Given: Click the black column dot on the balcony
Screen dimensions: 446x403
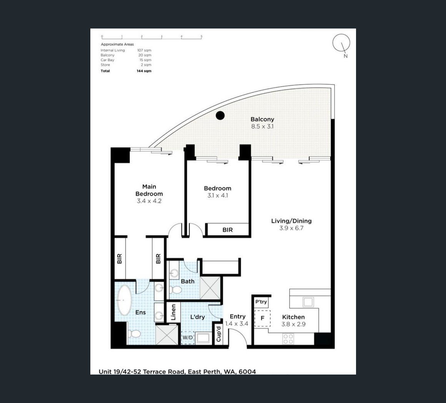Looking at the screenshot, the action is click(x=220, y=115).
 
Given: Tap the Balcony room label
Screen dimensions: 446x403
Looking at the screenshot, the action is click(x=262, y=119).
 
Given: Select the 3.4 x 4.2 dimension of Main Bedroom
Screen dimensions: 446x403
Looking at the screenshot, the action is click(x=149, y=201).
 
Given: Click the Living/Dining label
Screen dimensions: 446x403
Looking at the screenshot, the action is click(x=291, y=221).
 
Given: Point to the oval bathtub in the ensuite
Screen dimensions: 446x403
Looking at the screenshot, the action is click(x=124, y=300).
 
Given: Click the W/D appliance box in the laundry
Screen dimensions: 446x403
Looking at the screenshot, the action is click(x=188, y=338).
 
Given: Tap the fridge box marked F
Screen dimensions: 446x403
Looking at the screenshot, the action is click(x=262, y=318).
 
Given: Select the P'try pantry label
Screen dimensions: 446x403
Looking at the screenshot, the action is click(x=261, y=302).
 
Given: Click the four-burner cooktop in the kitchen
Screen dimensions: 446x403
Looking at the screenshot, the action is click(x=288, y=338).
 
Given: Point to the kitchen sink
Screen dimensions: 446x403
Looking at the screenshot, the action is click(x=308, y=301).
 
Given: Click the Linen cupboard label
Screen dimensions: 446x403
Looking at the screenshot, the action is click(x=173, y=312).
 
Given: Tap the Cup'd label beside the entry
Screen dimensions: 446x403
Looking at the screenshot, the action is click(x=218, y=334).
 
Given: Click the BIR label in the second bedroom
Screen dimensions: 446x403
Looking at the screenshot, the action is click(x=228, y=230).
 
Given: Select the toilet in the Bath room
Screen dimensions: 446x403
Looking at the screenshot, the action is click(x=175, y=290).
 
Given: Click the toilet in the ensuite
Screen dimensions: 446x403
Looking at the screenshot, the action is click(x=134, y=334).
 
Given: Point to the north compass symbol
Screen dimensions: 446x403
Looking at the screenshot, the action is click(x=341, y=43).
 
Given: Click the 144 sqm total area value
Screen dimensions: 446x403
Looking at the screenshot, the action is click(x=144, y=71).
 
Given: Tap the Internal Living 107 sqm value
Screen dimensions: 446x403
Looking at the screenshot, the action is click(x=144, y=50).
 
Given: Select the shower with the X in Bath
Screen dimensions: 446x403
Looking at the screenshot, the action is click(x=210, y=288).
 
